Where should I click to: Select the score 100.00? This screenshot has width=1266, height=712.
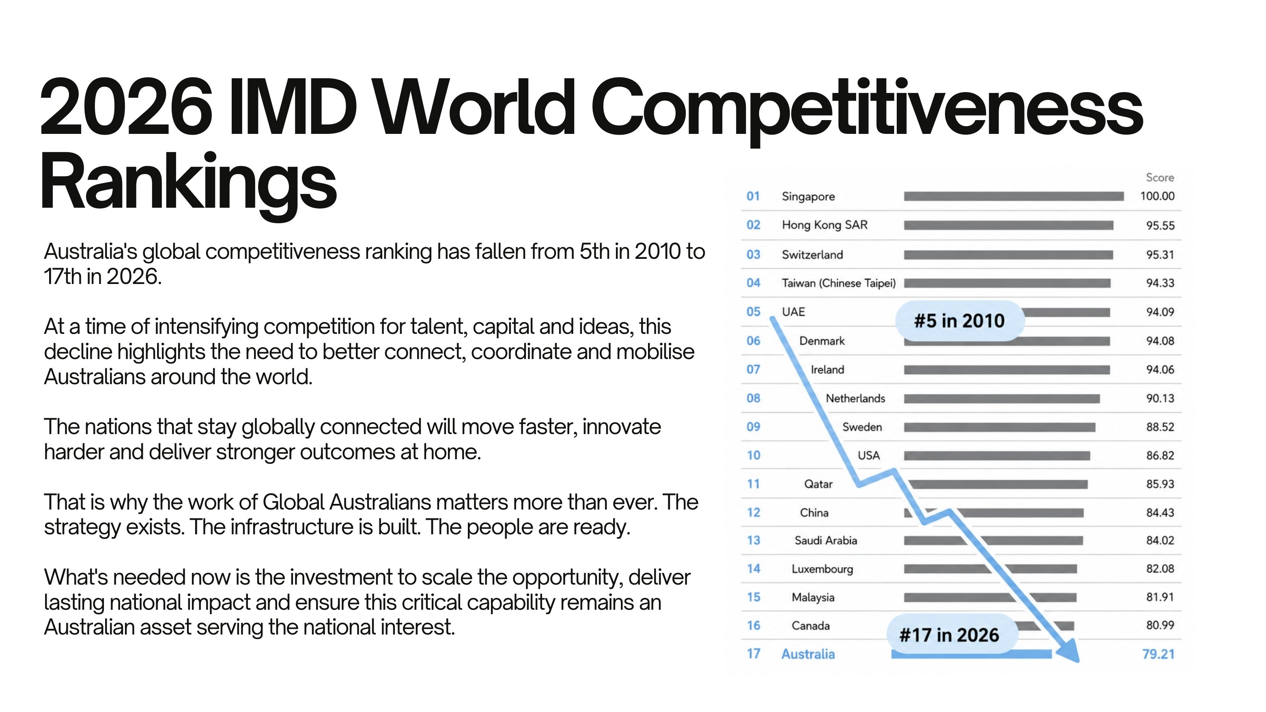[1157, 196]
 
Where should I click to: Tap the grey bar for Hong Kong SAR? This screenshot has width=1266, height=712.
[1008, 225]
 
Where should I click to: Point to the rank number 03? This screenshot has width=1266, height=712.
[754, 254]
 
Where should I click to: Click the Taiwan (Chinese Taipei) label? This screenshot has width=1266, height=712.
[839, 283]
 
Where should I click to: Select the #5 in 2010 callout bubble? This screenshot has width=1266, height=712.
[960, 321]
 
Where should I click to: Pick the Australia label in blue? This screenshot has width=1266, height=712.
[808, 654]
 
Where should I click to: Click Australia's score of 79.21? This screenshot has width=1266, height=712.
[1158, 654]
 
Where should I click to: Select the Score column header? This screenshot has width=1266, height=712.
[1160, 177]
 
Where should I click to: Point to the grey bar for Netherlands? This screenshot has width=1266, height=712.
[1001, 398]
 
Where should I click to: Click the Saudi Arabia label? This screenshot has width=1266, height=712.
[826, 540]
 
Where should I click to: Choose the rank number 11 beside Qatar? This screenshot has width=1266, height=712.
[754, 484]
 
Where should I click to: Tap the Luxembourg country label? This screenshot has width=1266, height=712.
[822, 569]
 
